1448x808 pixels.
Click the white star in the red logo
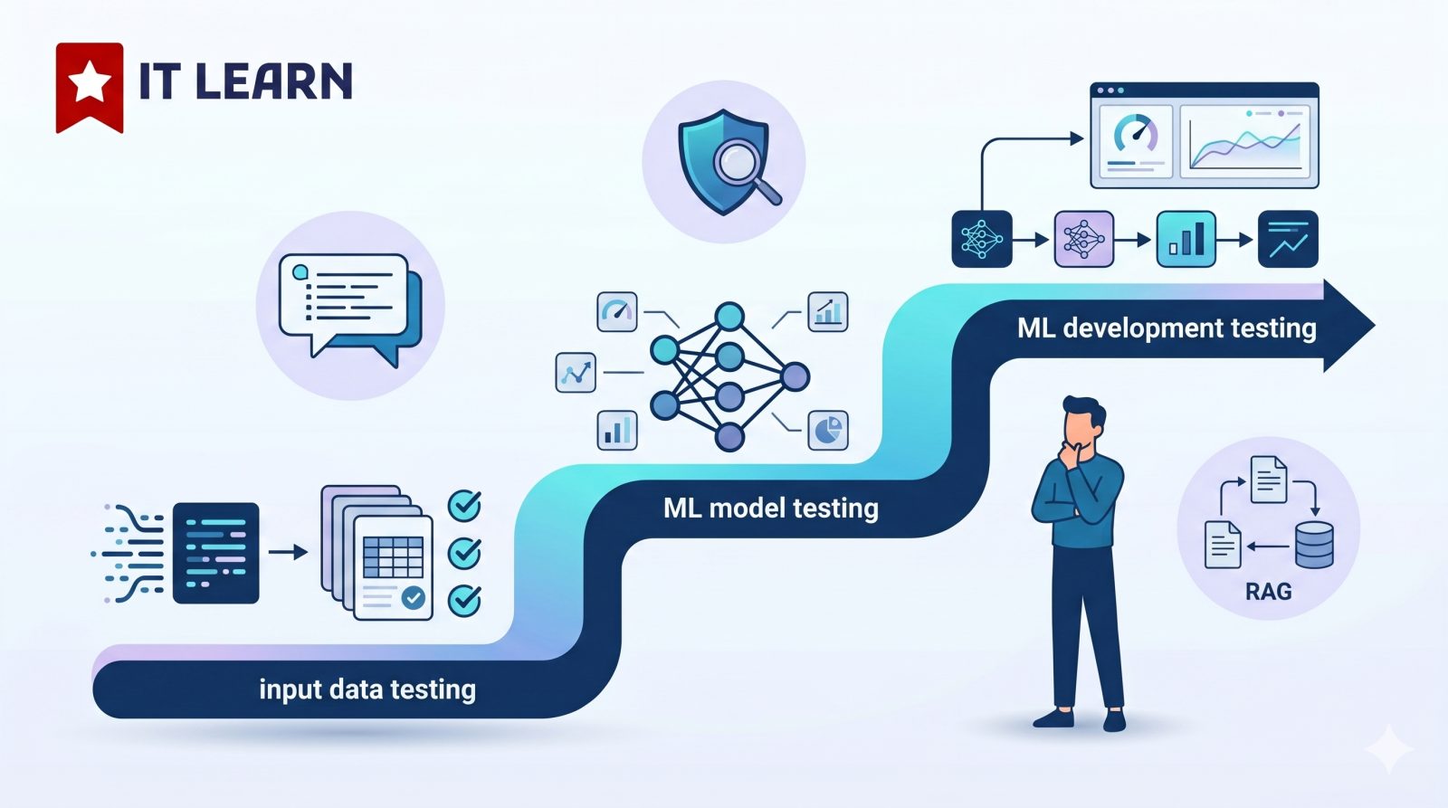(x=90, y=83)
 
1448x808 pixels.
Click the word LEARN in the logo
(x=273, y=81)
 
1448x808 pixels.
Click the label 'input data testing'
(x=367, y=689)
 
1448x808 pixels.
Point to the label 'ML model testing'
(x=770, y=508)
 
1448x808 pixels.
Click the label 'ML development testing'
(x=1166, y=328)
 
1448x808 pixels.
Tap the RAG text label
(x=1268, y=592)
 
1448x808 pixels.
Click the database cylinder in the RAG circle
(x=1314, y=544)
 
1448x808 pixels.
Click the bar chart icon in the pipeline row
(x=1186, y=239)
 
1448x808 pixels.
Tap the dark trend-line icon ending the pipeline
(x=1288, y=239)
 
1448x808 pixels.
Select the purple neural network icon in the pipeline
(x=1083, y=239)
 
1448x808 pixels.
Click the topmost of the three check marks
(x=464, y=506)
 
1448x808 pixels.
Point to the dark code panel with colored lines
(x=215, y=553)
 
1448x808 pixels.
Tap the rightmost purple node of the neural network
(x=795, y=375)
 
